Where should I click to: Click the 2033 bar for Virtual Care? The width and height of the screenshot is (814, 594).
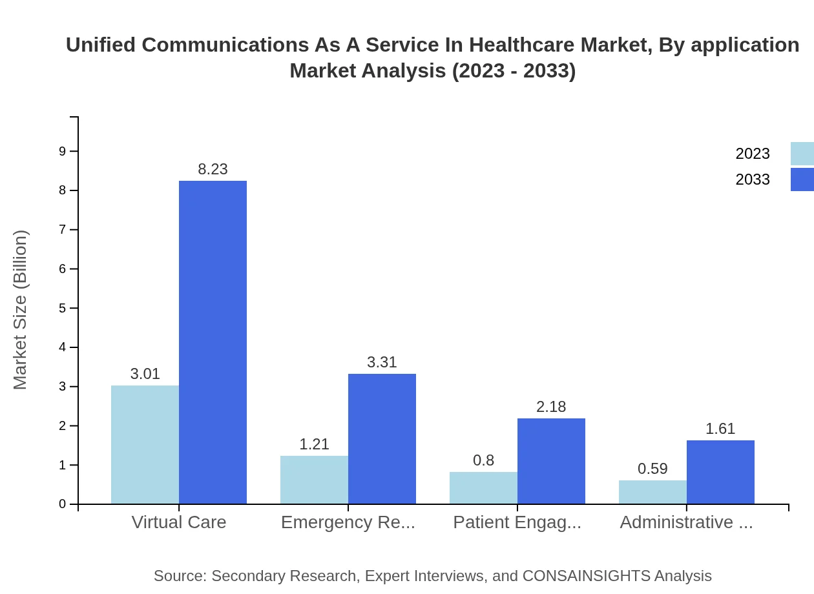tap(213, 342)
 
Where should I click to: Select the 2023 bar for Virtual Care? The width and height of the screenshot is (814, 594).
tap(145, 445)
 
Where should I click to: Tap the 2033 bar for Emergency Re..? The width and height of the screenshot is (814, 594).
tap(382, 439)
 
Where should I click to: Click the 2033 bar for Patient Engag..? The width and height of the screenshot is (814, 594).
tap(551, 461)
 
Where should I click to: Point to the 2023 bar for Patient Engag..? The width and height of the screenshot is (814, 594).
tap(483, 488)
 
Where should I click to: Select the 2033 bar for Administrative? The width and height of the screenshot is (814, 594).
tap(720, 472)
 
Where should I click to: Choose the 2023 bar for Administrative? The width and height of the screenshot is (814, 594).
tap(652, 492)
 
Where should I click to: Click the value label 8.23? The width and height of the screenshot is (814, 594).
tap(213, 169)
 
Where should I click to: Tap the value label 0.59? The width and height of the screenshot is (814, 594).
tap(652, 469)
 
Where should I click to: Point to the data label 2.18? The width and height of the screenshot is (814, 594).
tap(551, 407)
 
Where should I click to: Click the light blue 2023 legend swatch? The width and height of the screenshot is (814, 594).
tap(802, 154)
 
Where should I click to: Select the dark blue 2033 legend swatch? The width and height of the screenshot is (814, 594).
tap(802, 179)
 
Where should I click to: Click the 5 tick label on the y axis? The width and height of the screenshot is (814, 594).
tap(63, 308)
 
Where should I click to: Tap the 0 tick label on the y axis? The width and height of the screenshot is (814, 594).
tap(63, 504)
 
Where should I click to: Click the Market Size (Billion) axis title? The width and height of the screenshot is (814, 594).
tap(21, 310)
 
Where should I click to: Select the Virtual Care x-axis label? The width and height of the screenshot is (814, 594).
tap(179, 522)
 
